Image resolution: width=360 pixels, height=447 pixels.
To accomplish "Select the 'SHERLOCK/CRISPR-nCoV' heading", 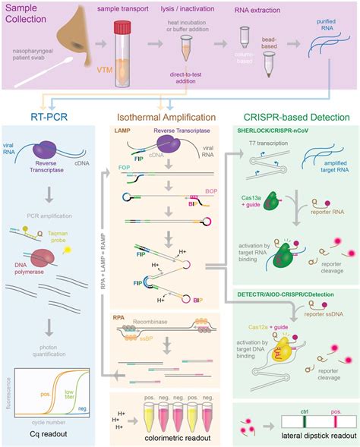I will [283, 132].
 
